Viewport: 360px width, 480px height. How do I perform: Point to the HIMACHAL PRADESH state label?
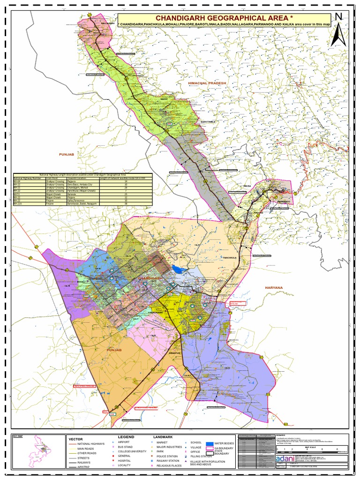(x=207, y=82)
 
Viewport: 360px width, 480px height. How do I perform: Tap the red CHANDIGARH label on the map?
(x=150, y=279)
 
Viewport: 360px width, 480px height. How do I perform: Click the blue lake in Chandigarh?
(x=179, y=269)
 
